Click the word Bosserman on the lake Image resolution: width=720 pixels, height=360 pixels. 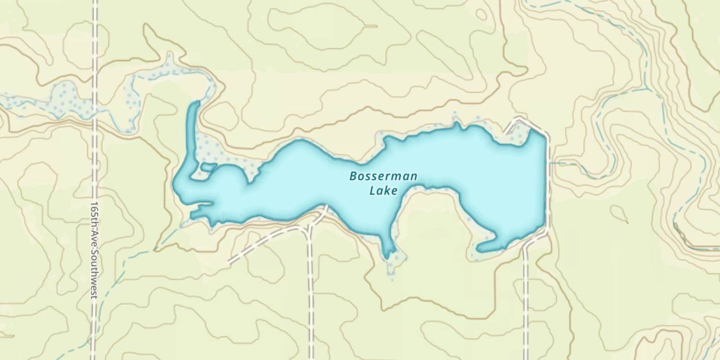coord(383,176)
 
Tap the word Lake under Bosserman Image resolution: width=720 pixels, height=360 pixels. coord(384,191)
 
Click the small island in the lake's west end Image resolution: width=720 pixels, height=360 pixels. coord(208,167)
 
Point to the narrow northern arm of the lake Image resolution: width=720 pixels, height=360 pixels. coord(192,130)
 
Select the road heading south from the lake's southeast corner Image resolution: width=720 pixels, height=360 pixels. coord(526,298)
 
